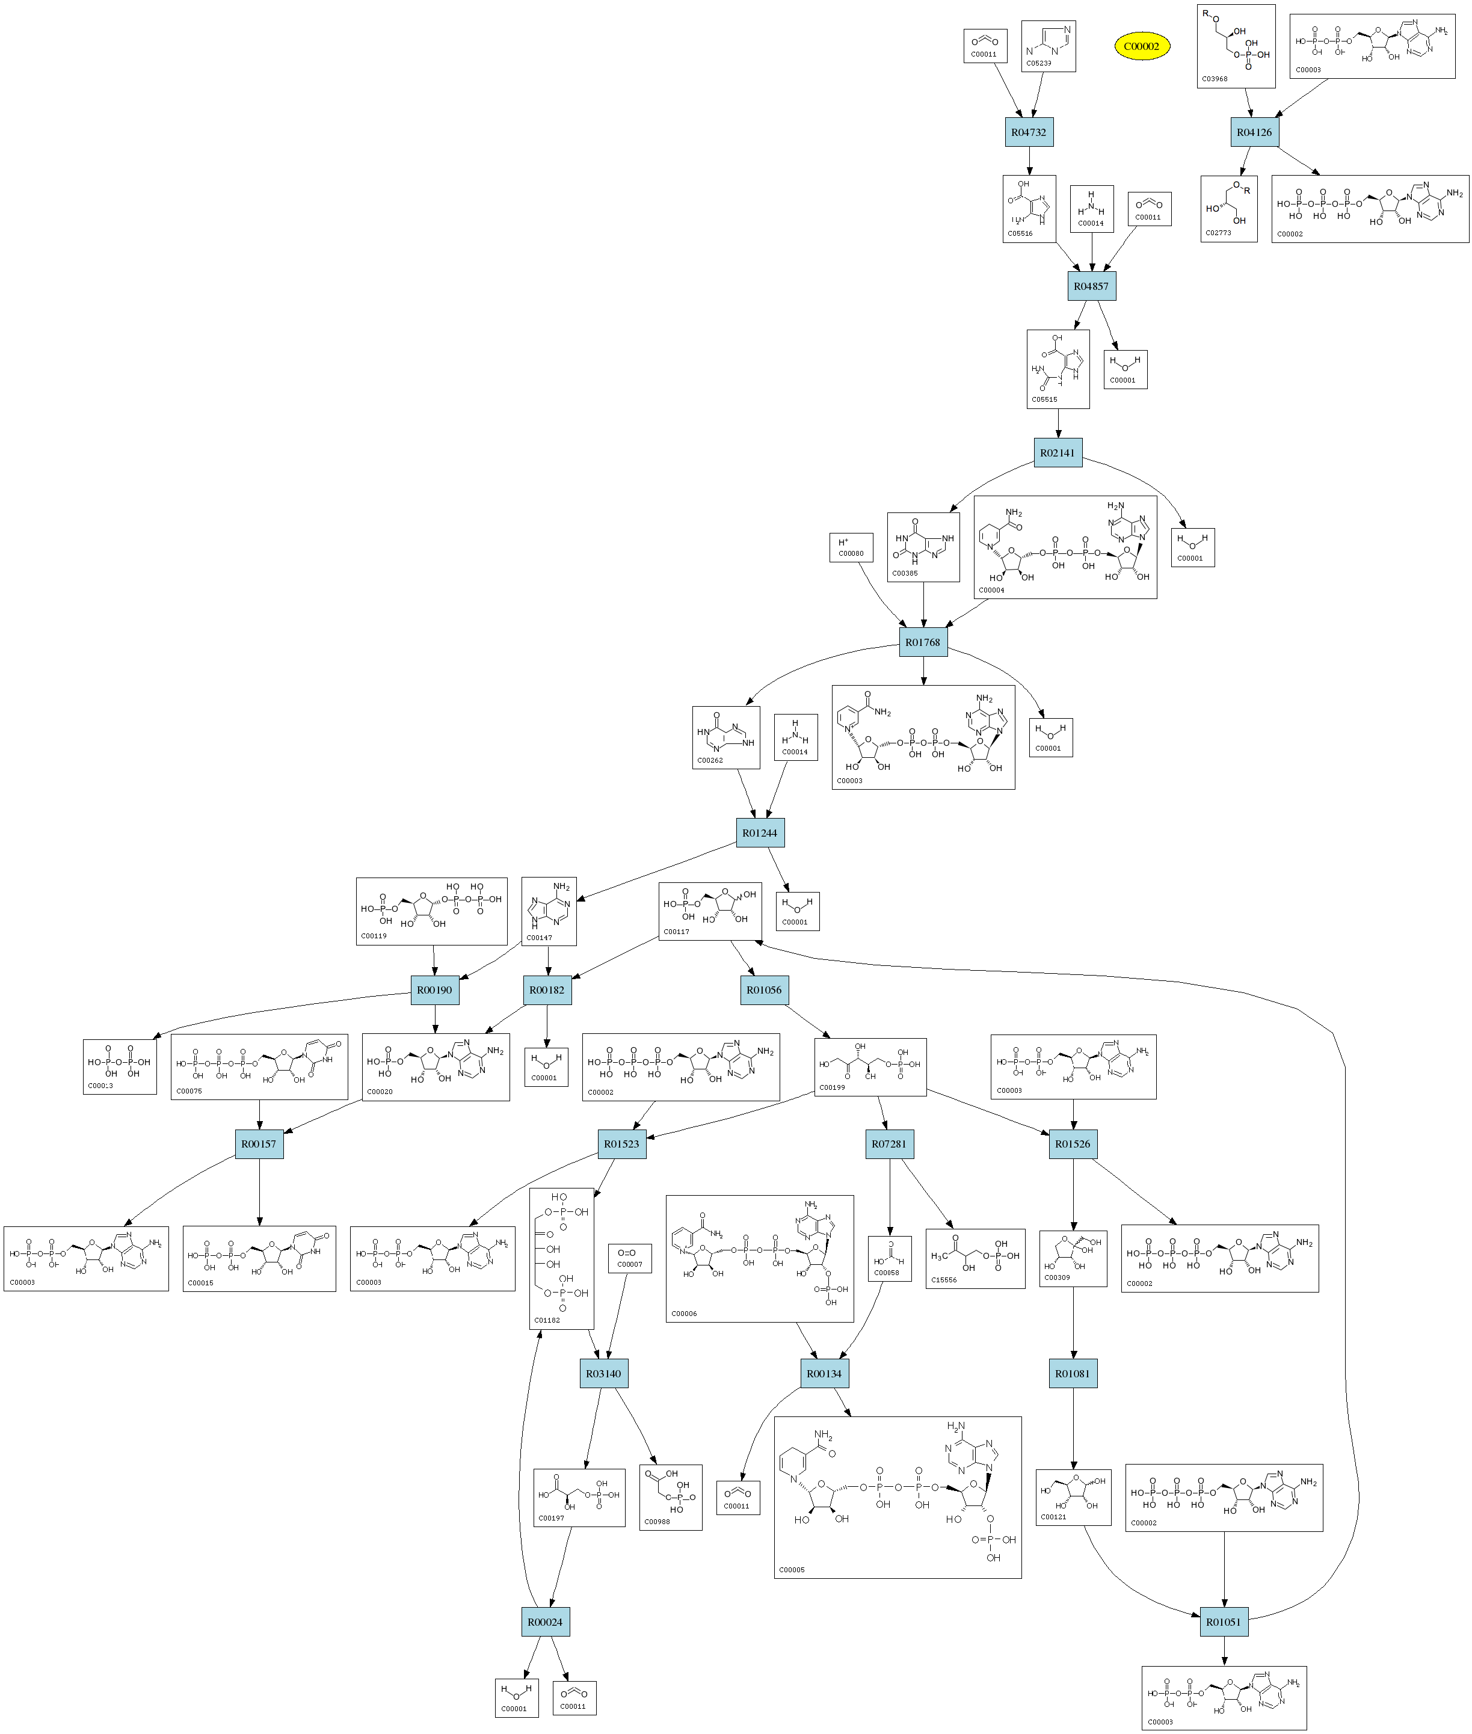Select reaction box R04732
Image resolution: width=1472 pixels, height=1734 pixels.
1028,132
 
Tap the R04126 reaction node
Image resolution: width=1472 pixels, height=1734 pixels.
1254,132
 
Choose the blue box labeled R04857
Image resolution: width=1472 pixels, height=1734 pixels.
1091,286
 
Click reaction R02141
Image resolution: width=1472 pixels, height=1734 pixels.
1058,453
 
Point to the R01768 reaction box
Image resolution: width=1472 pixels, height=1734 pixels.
923,642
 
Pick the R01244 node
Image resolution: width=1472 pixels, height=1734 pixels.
759,833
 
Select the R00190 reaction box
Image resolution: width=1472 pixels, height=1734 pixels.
434,989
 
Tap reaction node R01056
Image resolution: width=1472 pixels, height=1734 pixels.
763,989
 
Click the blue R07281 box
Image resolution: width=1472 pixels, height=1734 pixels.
888,1144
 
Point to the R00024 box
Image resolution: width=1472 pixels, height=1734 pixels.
545,1622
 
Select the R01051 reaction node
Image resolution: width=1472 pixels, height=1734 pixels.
1224,1622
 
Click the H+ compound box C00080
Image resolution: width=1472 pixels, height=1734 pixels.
851,547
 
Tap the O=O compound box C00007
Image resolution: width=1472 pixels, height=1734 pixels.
630,1258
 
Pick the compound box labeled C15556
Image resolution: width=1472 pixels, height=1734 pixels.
975,1258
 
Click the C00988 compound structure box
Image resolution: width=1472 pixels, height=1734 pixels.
671,1497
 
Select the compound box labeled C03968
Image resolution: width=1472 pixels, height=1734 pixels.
1236,47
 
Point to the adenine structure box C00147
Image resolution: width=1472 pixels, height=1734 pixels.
548,911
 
